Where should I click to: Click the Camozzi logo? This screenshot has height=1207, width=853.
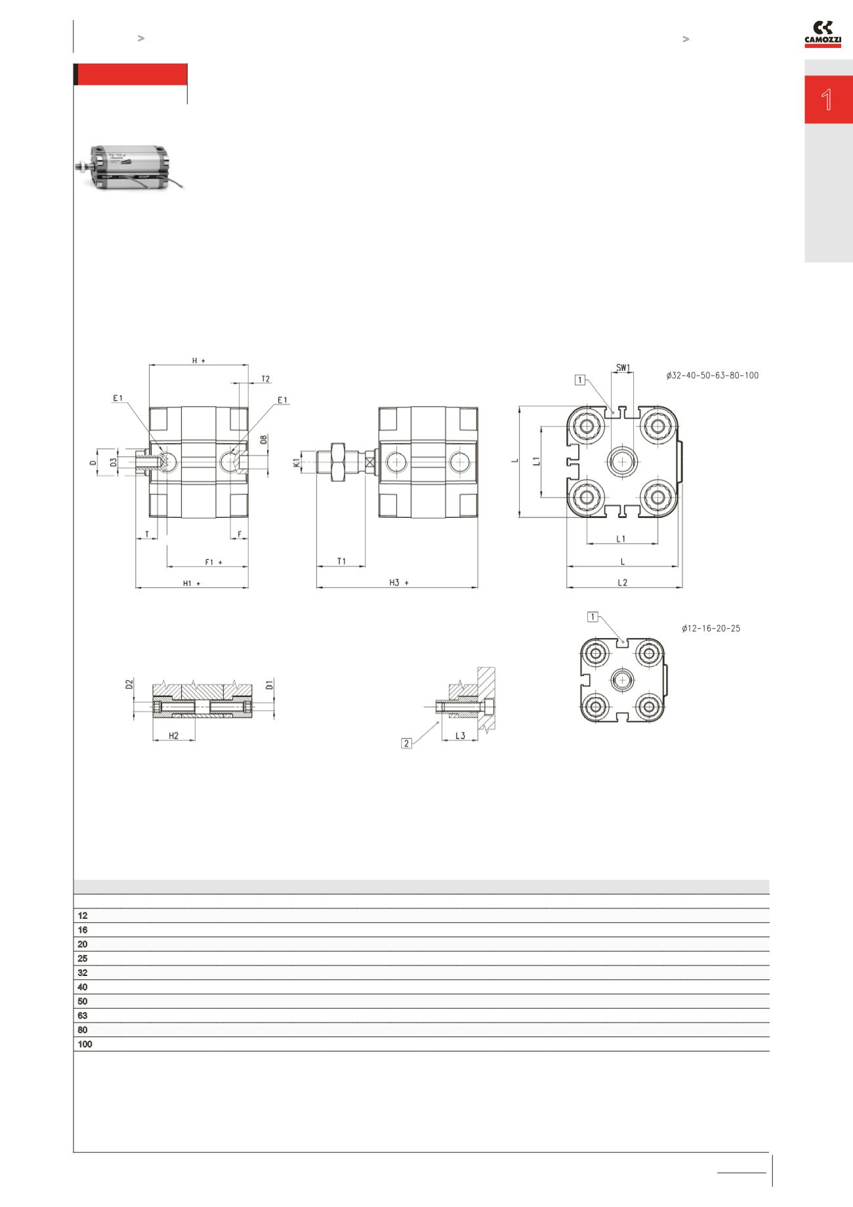[823, 34]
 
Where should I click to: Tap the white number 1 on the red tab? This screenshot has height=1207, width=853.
[827, 100]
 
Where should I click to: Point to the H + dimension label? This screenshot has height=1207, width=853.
[198, 360]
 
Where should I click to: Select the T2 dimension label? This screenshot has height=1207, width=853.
[266, 379]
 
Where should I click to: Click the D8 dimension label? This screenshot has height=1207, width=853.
[264, 440]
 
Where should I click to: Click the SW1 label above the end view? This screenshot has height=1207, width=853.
[623, 368]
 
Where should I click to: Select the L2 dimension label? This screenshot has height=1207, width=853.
[623, 582]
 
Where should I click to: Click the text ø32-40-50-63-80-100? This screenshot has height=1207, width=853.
[712, 376]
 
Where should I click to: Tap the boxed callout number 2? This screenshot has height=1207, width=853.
[407, 744]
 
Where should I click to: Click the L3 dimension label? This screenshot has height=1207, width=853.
[460, 735]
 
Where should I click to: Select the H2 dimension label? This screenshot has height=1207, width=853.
[174, 736]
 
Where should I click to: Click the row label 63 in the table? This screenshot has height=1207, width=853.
[83, 1015]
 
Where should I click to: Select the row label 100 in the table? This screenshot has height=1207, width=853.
[85, 1044]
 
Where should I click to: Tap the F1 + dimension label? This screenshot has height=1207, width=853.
[213, 562]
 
